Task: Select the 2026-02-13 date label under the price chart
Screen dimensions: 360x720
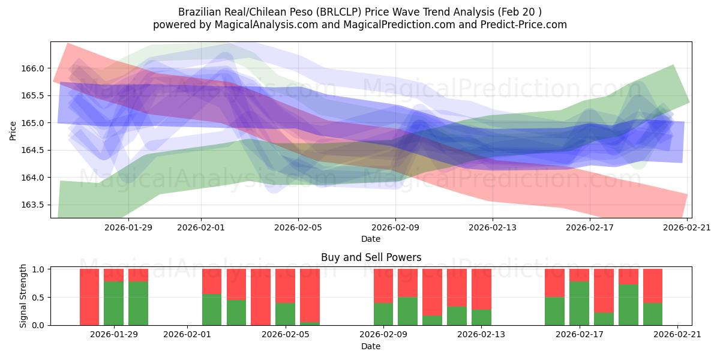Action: pos(492,227)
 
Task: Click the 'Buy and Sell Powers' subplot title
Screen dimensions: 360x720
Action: pos(371,257)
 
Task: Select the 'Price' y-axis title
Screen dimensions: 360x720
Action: pos(13,130)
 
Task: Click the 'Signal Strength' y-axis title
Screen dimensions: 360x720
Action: pos(23,296)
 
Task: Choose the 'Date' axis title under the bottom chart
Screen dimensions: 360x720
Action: pos(371,346)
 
